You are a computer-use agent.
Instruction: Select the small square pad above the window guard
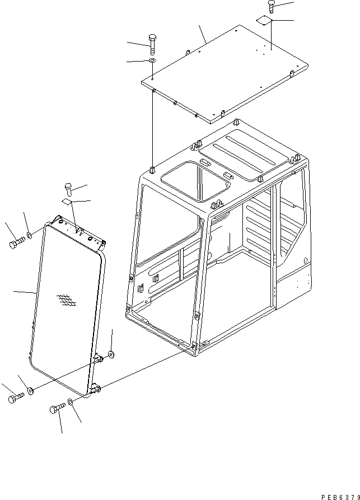pyautogui.click(x=67, y=202)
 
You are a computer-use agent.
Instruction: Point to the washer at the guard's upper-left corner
pyautogui.click(x=29, y=234)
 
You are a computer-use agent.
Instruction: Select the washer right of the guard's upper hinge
pyautogui.click(x=111, y=354)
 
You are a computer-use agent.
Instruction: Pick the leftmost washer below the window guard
pyautogui.click(x=30, y=390)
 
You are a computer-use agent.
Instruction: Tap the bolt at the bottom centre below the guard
pyautogui.click(x=57, y=408)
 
